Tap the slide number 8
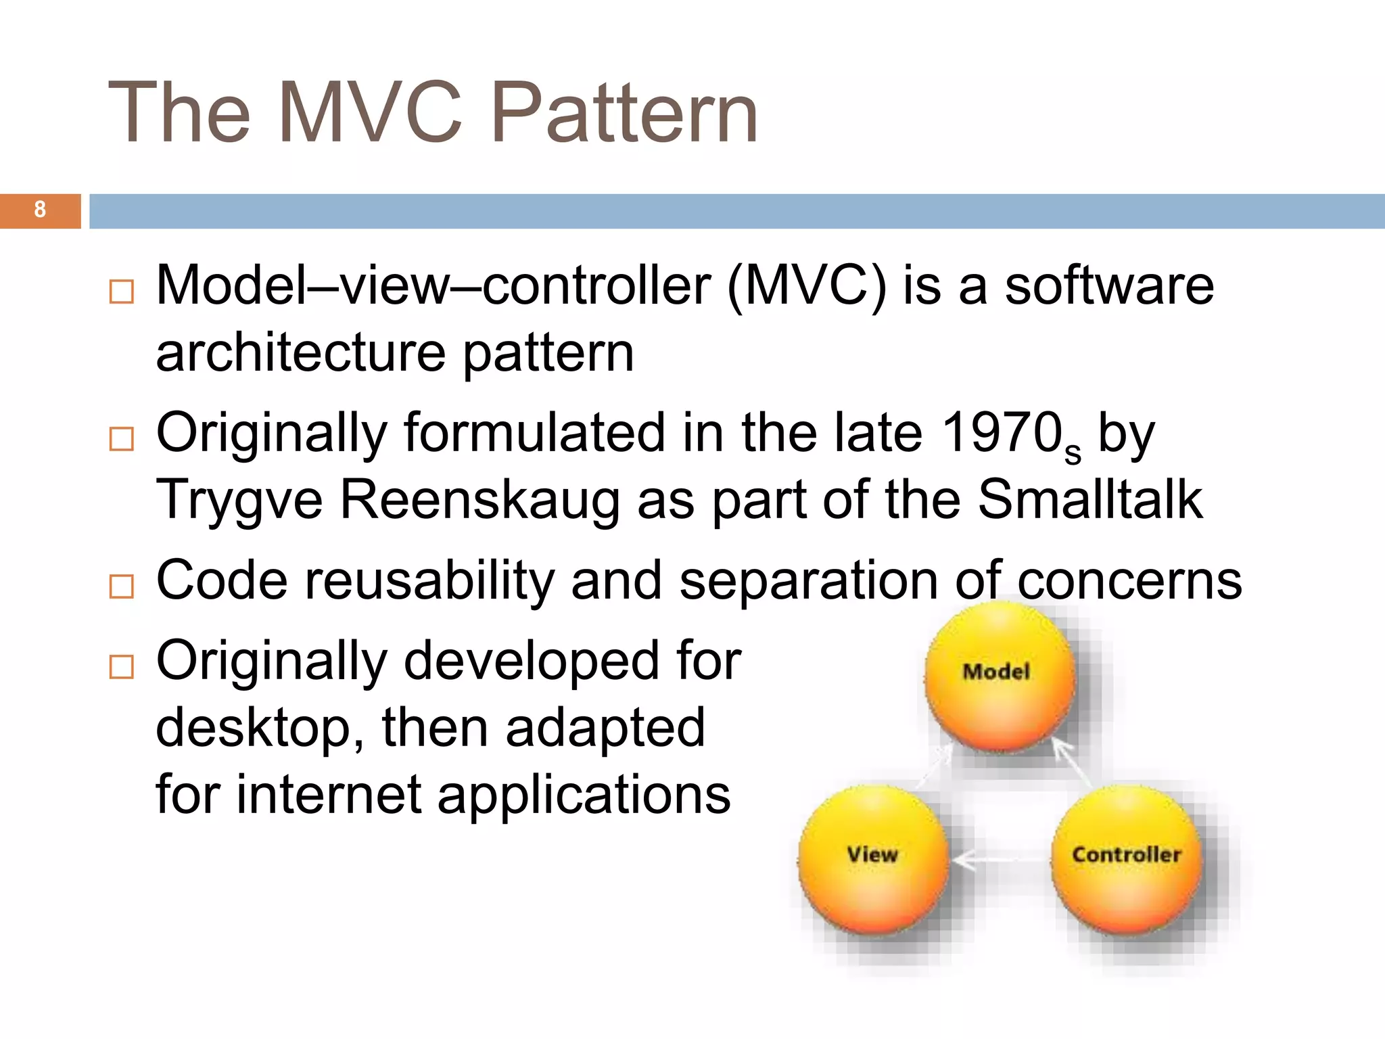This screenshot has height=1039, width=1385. (40, 210)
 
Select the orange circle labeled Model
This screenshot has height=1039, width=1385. (999, 675)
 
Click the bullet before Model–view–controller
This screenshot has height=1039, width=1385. (122, 292)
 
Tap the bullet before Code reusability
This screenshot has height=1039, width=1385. (122, 586)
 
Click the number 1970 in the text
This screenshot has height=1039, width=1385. (1002, 433)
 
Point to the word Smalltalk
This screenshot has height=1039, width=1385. (1090, 499)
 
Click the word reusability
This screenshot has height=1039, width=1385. (429, 580)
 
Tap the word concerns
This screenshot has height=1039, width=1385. (1129, 580)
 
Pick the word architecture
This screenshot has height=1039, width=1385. (300, 353)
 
